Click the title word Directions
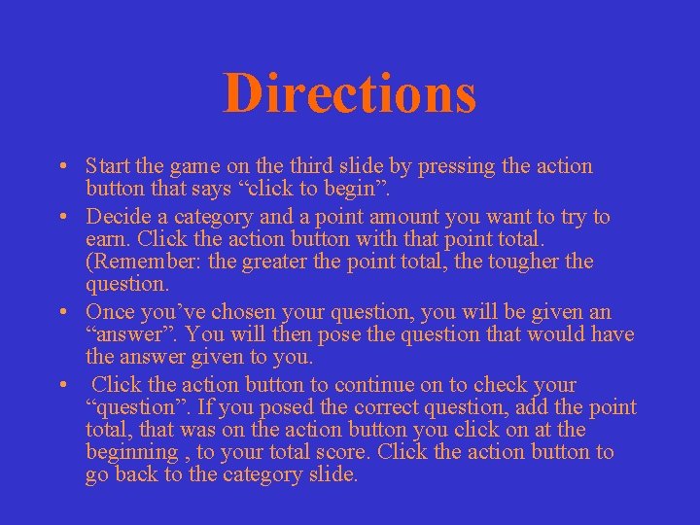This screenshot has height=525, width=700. point(350,93)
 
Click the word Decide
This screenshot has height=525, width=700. point(118,217)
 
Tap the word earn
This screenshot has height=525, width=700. point(105,239)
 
